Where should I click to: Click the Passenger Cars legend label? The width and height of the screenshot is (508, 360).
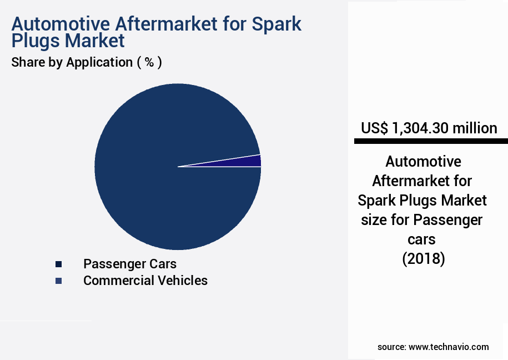[x=130, y=263]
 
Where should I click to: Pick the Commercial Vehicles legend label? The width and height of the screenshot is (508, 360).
[x=145, y=281]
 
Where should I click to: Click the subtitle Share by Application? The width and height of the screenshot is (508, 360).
[x=71, y=62]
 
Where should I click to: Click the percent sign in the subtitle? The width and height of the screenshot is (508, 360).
[x=149, y=62]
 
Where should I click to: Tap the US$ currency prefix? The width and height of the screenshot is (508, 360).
[x=374, y=128]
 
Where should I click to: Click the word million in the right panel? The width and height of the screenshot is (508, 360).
[x=475, y=128]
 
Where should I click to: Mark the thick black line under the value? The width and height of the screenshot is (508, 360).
[x=431, y=142]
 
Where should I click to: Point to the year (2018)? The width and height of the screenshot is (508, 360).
[x=423, y=259]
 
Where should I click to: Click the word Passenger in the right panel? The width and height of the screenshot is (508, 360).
[x=447, y=220]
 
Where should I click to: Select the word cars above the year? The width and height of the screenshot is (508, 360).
[x=423, y=239]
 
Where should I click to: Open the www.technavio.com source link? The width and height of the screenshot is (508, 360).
[x=449, y=347]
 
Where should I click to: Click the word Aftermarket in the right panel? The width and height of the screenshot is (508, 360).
[x=422, y=181]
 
